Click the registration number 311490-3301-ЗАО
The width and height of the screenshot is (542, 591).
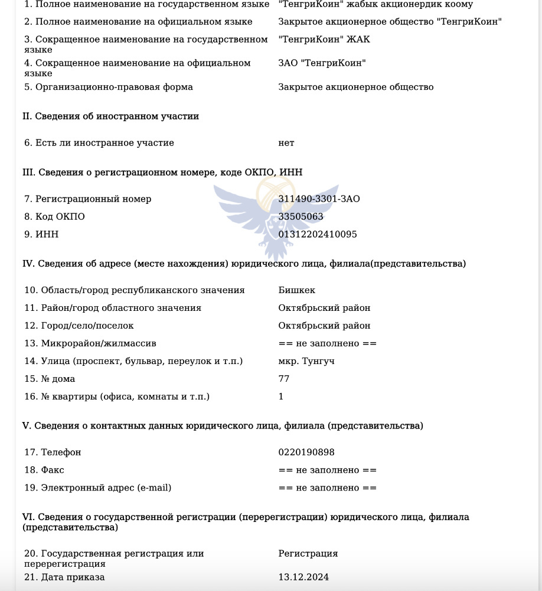pos(319,199)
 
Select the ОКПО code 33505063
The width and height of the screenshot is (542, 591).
pos(301,217)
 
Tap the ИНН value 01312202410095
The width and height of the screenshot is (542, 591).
pos(318,235)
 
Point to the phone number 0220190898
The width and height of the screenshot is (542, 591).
pos(306,453)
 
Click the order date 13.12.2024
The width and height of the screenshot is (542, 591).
pos(303,577)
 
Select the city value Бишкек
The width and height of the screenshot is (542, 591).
pos(296,290)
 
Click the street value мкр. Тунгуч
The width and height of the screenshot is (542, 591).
pos(306,361)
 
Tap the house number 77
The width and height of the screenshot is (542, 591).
pos(284,379)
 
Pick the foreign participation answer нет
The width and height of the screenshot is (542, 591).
pos(286,143)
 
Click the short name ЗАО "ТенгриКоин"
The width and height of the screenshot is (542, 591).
pos(322,63)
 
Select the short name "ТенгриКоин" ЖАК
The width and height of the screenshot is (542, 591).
pos(324,40)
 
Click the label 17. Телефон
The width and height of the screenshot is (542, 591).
pos(53,453)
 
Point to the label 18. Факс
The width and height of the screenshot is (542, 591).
pos(44,470)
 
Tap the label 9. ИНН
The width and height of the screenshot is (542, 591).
pos(41,235)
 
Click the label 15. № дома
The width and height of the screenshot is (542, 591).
pos(50,379)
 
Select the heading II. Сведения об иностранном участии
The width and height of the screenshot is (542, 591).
pos(110,116)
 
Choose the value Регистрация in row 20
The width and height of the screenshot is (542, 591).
pos(308,554)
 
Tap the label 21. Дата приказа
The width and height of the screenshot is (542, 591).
pos(64,577)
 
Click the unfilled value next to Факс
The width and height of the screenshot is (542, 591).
pos(327,470)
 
